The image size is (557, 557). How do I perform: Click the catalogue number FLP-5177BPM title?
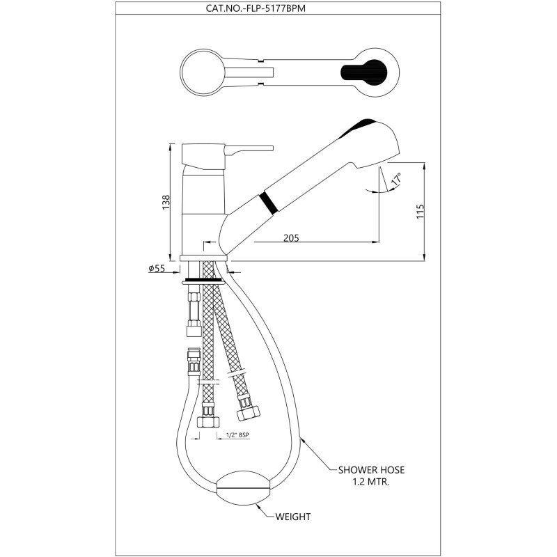[x=256, y=8]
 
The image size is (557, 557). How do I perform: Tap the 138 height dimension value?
[x=166, y=202]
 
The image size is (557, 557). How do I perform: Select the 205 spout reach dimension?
[x=291, y=237]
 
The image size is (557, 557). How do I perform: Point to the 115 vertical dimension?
[x=421, y=212]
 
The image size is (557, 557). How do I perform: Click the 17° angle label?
[x=396, y=178]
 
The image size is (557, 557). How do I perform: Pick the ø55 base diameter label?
[x=157, y=268]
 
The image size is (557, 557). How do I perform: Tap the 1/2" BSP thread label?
[x=237, y=434]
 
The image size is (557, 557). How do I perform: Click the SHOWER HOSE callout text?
[x=371, y=470]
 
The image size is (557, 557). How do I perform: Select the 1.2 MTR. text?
[x=371, y=483]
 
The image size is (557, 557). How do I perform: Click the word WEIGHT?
[x=293, y=517]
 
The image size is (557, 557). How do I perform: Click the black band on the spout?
[x=269, y=203]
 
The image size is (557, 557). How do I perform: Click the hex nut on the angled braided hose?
[x=248, y=414]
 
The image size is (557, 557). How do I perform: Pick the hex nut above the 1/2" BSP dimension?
[x=208, y=421]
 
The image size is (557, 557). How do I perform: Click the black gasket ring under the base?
[x=203, y=280]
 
